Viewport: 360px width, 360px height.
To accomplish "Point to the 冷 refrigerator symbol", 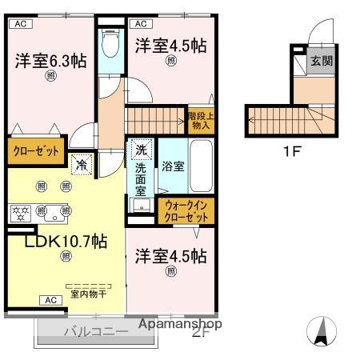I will (82, 166).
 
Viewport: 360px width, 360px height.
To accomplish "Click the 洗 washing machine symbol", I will (141, 149).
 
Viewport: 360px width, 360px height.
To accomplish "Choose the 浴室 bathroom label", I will (173, 166).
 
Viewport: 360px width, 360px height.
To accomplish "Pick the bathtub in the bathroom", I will (200, 164).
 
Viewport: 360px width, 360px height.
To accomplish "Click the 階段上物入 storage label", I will (199, 119).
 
